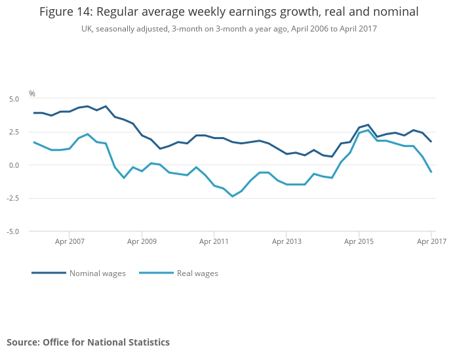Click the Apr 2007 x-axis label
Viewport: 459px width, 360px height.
pyautogui.click(x=70, y=241)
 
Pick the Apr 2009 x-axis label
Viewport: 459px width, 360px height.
pyautogui.click(x=142, y=241)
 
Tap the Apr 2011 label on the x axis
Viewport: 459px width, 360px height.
pyautogui.click(x=214, y=241)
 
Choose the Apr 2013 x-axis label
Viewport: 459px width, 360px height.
pyautogui.click(x=287, y=241)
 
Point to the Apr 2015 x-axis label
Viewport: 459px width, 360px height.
pyautogui.click(x=359, y=241)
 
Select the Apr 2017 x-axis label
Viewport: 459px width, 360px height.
pyautogui.click(x=431, y=241)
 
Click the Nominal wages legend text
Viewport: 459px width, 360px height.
pyautogui.click(x=98, y=273)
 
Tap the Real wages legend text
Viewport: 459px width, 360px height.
pyautogui.click(x=197, y=273)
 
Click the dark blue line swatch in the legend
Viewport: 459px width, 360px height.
pyautogui.click(x=49, y=273)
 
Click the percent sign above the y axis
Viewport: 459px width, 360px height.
pyautogui.click(x=32, y=94)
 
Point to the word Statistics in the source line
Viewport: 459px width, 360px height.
pyautogui.click(x=148, y=342)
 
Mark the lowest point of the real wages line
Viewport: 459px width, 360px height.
pyautogui.click(x=232, y=196)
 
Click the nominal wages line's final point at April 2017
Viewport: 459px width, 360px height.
pyautogui.click(x=431, y=142)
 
